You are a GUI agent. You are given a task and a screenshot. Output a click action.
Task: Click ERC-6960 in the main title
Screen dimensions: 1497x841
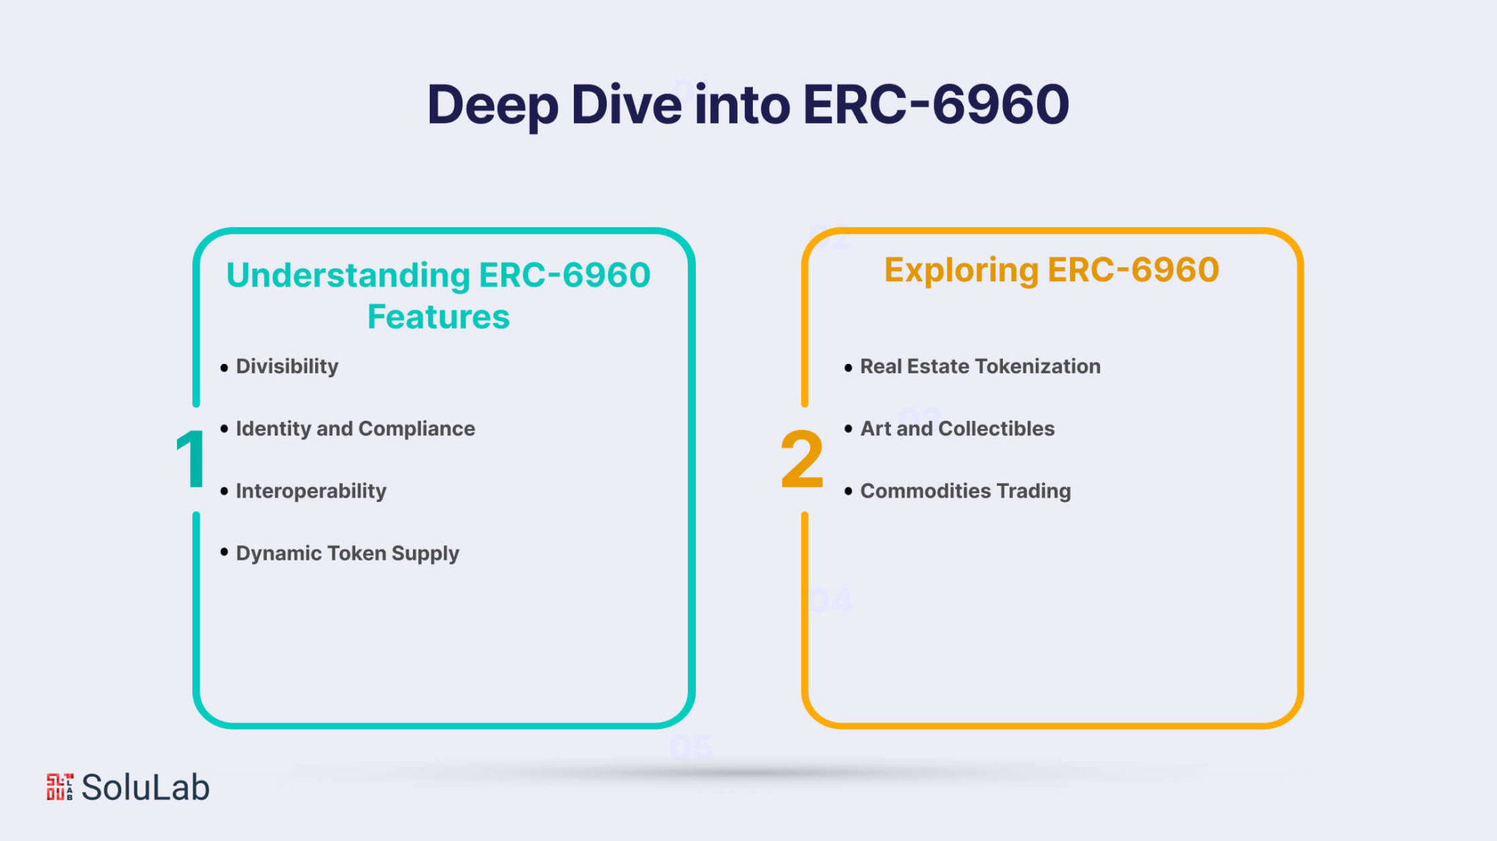coord(936,104)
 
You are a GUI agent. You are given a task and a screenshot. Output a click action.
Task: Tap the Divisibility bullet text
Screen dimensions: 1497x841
coord(287,366)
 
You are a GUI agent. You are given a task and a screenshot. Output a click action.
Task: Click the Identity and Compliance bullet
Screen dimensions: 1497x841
coord(355,428)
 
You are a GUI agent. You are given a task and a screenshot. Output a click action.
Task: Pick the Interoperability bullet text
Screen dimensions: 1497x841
coord(311,490)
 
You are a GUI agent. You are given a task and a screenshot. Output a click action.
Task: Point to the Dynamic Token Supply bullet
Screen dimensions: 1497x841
coord(347,553)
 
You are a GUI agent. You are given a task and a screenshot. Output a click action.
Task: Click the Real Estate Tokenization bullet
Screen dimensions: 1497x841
coord(980,366)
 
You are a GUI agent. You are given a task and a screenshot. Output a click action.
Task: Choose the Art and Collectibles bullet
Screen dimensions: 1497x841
coord(958,428)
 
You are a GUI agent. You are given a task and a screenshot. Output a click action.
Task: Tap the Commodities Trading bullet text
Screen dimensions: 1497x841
coord(966,490)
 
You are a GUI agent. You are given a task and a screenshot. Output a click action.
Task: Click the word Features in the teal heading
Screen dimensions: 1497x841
coord(439,317)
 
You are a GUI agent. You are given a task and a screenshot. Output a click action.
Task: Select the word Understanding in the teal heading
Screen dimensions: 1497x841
coord(349,276)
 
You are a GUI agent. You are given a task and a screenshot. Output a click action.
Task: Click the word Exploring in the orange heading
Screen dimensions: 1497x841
coord(961,270)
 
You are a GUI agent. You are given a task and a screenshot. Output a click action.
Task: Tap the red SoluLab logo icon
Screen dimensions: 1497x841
coord(60,787)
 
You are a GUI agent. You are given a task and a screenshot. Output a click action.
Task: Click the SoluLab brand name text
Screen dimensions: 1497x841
coord(145,787)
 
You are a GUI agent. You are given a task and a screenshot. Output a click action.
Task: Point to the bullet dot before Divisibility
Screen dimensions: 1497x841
coord(224,368)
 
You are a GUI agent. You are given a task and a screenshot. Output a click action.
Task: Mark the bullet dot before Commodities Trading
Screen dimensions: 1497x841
coord(848,491)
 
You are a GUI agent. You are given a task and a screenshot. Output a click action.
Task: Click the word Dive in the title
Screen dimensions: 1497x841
coord(626,104)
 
